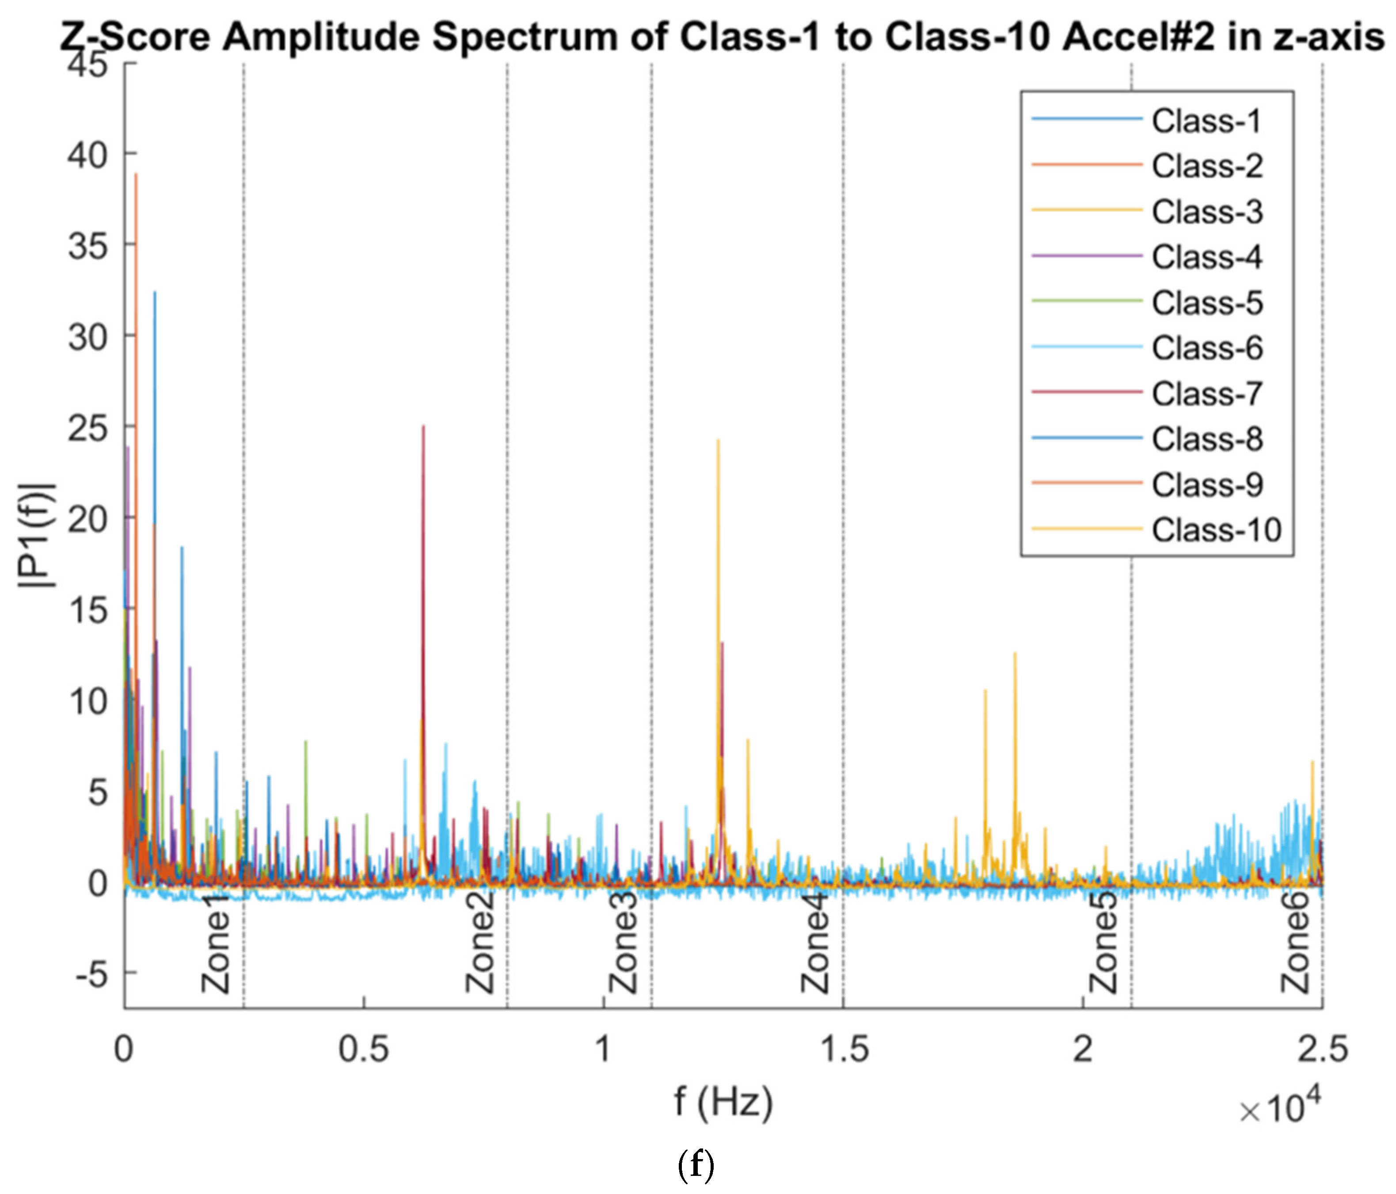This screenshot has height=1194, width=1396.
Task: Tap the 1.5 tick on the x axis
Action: click(844, 1049)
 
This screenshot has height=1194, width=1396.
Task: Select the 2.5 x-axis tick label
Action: click(1323, 1049)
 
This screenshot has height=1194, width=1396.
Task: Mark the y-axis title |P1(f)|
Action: click(37, 536)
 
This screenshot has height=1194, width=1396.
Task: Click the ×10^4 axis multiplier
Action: click(1279, 1108)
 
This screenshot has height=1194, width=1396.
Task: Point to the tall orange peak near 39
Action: click(136, 176)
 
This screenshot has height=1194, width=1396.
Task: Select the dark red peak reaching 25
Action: click(423, 428)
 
